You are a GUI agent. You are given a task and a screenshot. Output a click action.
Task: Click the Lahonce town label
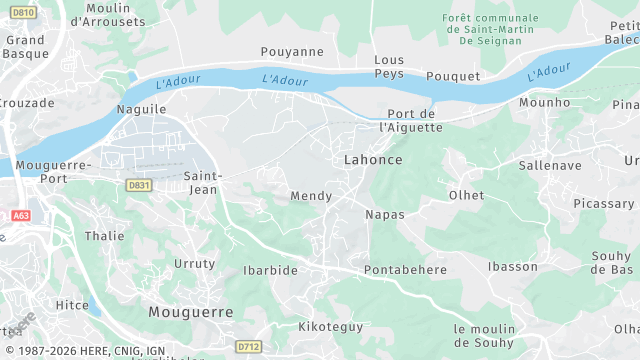[x=373, y=160]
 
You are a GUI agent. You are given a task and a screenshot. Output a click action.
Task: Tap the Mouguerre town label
[x=191, y=312]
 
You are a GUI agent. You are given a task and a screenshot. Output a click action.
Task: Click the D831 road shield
[x=138, y=185]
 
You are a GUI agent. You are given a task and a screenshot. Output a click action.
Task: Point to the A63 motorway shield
[x=20, y=216]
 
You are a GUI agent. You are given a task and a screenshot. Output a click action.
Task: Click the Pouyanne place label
[x=292, y=51]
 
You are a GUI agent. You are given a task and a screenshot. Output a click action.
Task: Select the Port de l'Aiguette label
[x=412, y=120]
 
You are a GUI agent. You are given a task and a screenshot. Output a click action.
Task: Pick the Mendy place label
[x=310, y=196]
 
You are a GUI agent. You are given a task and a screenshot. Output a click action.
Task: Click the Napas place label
[x=385, y=215]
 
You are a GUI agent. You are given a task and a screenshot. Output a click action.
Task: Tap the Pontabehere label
[x=405, y=270]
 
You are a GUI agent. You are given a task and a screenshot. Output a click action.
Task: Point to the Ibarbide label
[x=270, y=270]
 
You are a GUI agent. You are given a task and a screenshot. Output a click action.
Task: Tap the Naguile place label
[x=141, y=107]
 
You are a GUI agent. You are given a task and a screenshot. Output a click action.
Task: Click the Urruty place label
[x=194, y=264]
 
